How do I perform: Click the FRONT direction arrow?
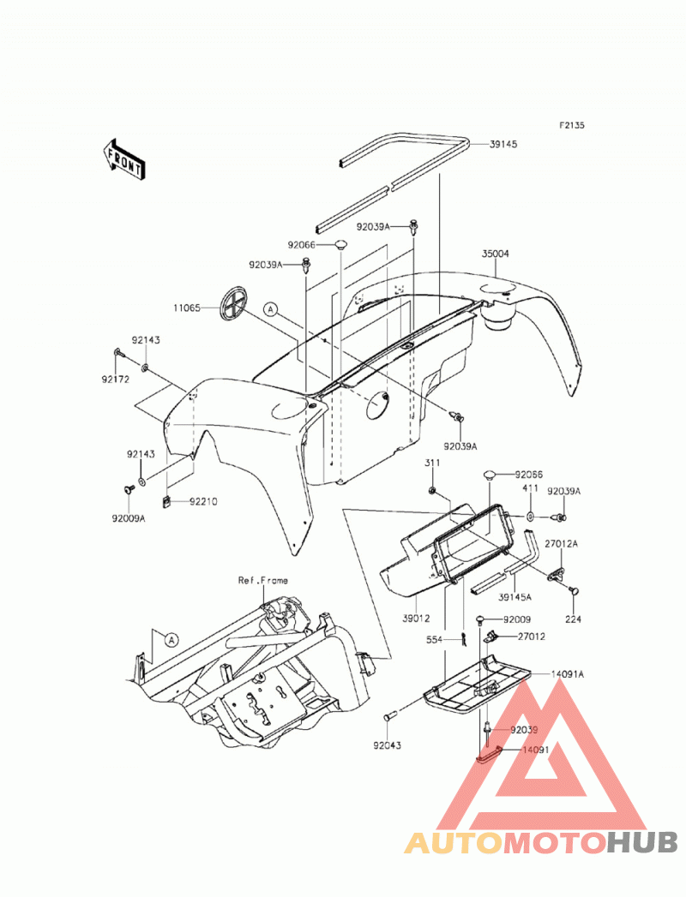122,161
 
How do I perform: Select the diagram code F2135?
572,125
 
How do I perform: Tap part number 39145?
503,144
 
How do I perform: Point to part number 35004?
496,254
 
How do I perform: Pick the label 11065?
187,308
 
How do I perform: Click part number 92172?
116,380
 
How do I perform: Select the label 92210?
203,502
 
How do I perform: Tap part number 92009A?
129,519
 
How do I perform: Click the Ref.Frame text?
263,580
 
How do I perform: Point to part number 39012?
416,619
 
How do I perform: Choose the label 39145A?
514,597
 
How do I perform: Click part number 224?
573,619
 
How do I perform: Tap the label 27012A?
561,544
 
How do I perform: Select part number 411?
530,488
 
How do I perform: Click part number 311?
432,463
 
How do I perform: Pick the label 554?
435,640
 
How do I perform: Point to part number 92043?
387,746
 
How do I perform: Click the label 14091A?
568,674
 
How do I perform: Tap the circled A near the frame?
171,640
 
